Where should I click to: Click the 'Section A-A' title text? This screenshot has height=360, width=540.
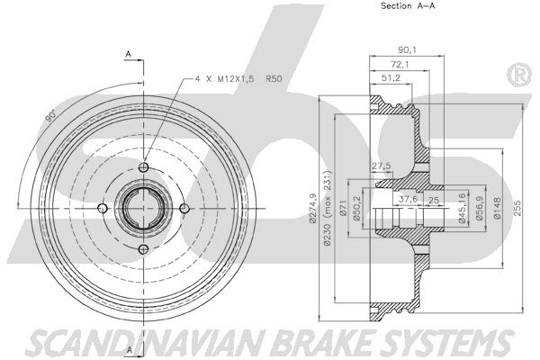click(408, 5)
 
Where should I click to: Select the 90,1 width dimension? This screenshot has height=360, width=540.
click(407, 50)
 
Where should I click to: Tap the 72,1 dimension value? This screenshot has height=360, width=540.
click(399, 65)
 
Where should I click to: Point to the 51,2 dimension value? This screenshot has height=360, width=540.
click(391, 78)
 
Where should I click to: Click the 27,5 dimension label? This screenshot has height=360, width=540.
click(381, 166)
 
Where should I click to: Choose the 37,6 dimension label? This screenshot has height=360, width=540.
click(408, 199)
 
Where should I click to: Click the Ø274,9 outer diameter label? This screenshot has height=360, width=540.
click(312, 209)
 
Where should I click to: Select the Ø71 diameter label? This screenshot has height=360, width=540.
click(342, 208)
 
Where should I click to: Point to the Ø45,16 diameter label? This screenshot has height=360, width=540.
click(463, 208)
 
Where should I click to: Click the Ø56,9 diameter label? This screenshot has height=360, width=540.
click(478, 208)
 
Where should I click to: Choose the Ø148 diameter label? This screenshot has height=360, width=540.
click(497, 208)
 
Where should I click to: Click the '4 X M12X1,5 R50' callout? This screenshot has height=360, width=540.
click(238, 79)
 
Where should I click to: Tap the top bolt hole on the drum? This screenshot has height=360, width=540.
click(143, 167)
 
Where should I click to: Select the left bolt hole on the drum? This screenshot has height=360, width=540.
click(103, 208)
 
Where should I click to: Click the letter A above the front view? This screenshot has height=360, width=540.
click(128, 54)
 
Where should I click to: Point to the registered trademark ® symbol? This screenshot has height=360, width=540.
click(519, 75)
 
